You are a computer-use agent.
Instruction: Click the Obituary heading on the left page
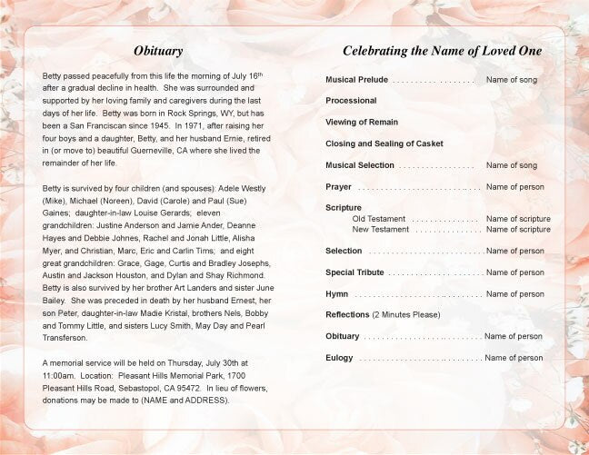(x=158, y=51)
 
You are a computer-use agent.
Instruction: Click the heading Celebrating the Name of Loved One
(x=442, y=51)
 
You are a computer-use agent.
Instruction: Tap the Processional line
(x=351, y=101)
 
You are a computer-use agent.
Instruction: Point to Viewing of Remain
(x=362, y=122)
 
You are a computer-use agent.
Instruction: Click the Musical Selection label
(x=360, y=165)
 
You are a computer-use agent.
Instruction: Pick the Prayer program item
(x=338, y=187)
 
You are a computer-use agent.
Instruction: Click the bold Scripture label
(x=344, y=208)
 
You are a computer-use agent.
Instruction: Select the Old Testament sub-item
(x=378, y=219)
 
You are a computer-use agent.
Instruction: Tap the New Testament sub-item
(x=380, y=230)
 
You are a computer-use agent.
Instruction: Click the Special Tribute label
(x=354, y=272)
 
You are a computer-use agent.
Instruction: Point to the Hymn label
(x=336, y=294)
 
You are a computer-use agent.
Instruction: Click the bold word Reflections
(x=347, y=315)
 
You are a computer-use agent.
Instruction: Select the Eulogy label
(x=339, y=358)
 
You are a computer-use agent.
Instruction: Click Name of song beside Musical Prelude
(x=511, y=80)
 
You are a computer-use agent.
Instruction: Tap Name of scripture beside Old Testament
(x=518, y=219)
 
